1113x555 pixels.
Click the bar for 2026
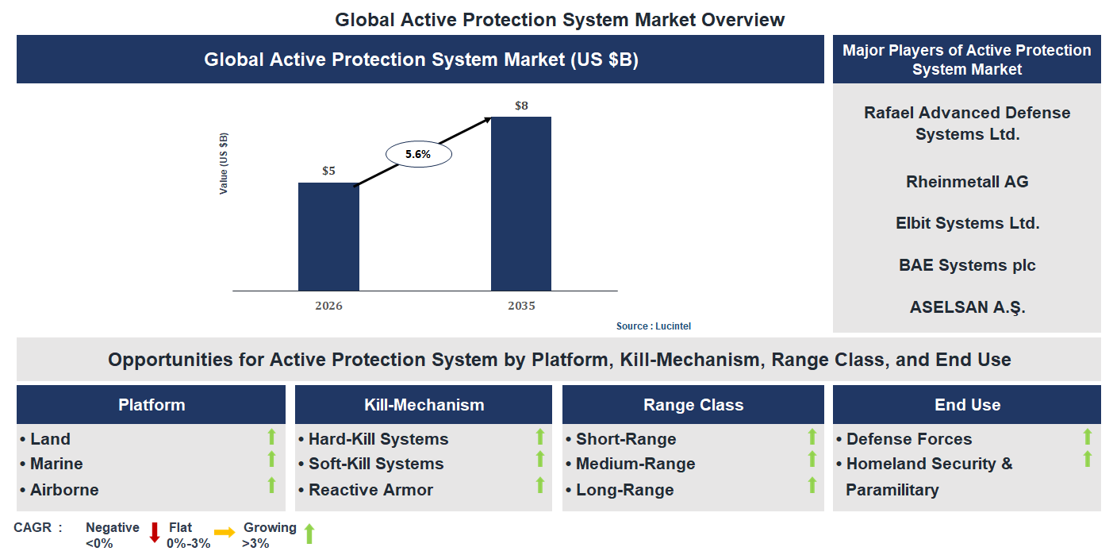[328, 237]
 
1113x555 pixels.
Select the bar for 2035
[521, 203]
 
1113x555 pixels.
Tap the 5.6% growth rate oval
[418, 155]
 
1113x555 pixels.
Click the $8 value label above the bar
[521, 106]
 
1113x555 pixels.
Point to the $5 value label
[328, 171]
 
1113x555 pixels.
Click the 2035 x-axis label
[521, 306]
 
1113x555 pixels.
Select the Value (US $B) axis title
[225, 164]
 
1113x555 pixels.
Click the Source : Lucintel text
[648, 326]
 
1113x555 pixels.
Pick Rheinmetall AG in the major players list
[967, 182]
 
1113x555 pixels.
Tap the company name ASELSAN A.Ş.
[967, 307]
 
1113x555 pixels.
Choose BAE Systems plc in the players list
[967, 265]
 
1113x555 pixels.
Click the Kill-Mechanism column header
[424, 405]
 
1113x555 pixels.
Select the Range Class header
[693, 405]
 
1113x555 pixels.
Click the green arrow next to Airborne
[271, 485]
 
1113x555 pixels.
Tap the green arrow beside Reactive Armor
[540, 485]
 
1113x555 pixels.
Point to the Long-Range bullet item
[624, 490]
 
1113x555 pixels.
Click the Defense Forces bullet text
[908, 439]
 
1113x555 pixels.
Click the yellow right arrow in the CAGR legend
[225, 534]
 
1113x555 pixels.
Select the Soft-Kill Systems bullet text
[376, 464]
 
